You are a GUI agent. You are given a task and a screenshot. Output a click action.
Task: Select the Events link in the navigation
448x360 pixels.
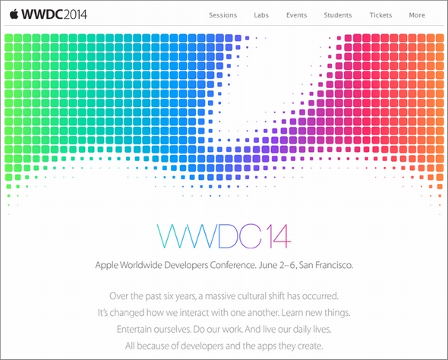point(298,15)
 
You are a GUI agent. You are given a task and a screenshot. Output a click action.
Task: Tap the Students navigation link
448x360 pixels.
point(337,15)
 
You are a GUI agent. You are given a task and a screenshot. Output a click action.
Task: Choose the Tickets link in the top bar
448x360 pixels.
point(380,15)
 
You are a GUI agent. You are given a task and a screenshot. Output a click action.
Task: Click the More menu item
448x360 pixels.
point(417,15)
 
